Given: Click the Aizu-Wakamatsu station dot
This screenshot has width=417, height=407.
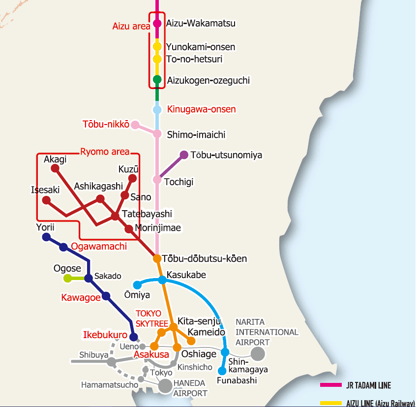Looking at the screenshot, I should [x=157, y=23].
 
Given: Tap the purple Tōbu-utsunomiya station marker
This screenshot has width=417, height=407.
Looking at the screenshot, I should [x=184, y=155].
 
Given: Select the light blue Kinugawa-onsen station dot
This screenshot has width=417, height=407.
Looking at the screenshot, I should [x=157, y=110].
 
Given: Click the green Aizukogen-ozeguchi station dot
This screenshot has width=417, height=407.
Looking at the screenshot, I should [x=157, y=79].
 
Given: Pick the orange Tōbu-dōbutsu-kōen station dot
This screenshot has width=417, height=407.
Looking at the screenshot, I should [x=157, y=258].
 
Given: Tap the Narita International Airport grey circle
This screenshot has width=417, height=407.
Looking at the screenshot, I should [x=258, y=353].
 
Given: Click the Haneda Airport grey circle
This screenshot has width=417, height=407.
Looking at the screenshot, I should [x=165, y=386].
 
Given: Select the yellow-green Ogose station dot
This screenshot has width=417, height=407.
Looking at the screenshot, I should [x=68, y=278].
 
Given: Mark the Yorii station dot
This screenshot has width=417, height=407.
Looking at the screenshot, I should [x=46, y=237].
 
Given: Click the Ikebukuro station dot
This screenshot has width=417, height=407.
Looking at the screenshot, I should [x=133, y=337].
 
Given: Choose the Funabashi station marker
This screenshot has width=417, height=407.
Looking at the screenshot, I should [x=222, y=371].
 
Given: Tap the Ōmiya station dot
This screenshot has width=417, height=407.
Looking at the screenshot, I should [x=138, y=284].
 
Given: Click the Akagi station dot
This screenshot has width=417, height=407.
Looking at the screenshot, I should [x=56, y=168].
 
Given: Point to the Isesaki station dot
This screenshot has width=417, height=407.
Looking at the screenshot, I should [x=46, y=200].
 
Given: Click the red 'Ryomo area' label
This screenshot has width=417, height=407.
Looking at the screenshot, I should [x=105, y=152].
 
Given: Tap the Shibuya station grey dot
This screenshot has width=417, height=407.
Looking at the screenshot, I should [x=112, y=362].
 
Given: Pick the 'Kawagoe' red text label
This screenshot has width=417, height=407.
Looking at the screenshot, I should [x=81, y=297].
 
